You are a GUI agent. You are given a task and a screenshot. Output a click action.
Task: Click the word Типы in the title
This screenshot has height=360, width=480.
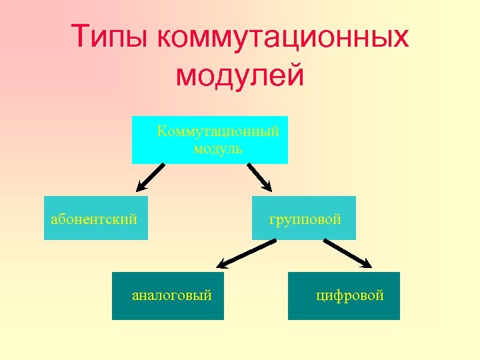111,37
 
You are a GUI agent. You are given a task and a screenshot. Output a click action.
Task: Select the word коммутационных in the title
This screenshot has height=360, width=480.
283,37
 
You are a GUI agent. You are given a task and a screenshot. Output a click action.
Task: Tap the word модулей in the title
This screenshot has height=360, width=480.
239,75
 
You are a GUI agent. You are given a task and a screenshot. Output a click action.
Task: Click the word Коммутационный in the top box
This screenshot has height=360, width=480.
218,131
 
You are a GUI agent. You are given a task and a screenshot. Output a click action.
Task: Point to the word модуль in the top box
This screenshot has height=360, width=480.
218,149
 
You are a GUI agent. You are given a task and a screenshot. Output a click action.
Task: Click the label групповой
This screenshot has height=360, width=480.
305,219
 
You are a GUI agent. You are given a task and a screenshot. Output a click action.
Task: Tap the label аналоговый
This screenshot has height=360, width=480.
172,295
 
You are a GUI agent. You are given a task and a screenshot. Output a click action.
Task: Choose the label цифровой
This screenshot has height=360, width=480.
350,295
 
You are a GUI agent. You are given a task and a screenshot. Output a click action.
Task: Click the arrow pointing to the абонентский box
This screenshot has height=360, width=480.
151,178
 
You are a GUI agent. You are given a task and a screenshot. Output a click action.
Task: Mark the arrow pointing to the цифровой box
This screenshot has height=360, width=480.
347,253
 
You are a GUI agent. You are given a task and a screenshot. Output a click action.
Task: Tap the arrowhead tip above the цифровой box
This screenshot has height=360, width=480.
371,266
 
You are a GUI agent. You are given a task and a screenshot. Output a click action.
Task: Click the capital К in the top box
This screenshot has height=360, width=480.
161,131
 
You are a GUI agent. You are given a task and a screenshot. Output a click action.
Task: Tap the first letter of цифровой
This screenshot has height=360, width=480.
320,295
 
